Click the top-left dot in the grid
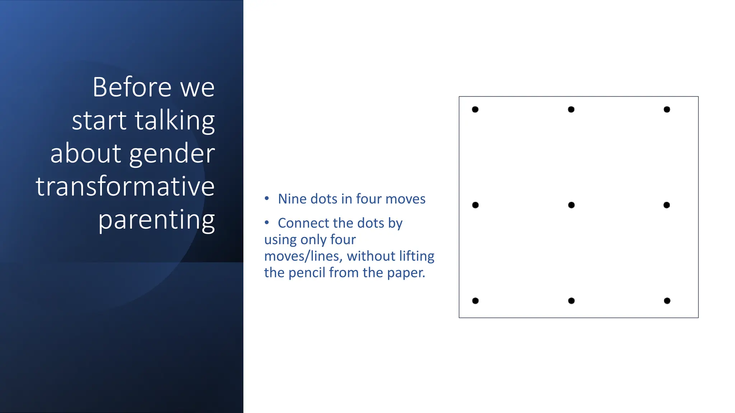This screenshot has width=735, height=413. (x=475, y=109)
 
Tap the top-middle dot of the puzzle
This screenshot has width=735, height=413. (x=571, y=109)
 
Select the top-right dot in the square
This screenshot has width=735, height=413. (x=667, y=109)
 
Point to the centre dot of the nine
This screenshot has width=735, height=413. (x=571, y=205)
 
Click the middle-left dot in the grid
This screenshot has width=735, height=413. (x=475, y=205)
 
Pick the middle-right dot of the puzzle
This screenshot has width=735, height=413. (x=666, y=205)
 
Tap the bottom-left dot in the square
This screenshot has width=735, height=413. (x=475, y=301)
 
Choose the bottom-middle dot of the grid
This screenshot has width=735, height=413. (x=571, y=301)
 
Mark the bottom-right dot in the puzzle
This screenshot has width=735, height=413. (x=667, y=301)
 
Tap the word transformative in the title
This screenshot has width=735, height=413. (x=125, y=186)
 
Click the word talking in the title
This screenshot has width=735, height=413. (x=175, y=120)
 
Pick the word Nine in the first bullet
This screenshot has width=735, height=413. (x=292, y=199)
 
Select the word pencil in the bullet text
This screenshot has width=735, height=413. (x=307, y=273)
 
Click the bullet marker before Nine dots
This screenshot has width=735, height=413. (x=267, y=198)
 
